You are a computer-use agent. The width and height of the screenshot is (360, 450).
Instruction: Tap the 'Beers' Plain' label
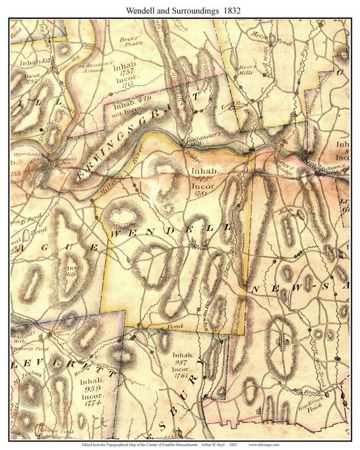pyautogui.click(x=133, y=43)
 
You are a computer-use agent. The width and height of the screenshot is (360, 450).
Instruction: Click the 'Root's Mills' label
pyautogui.click(x=246, y=70)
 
